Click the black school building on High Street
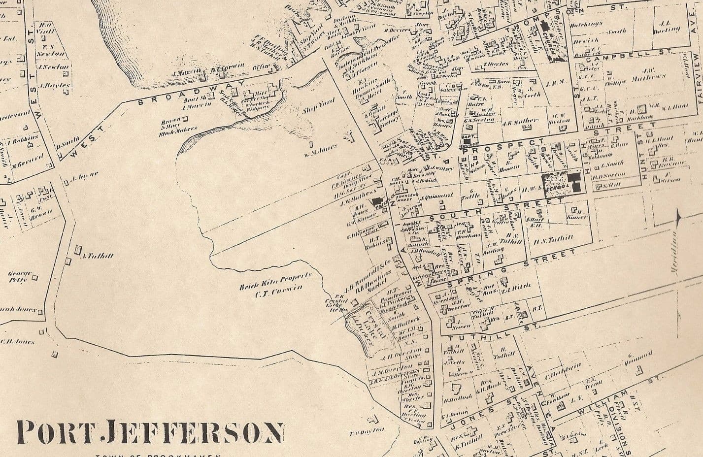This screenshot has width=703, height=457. coord(574,182)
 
